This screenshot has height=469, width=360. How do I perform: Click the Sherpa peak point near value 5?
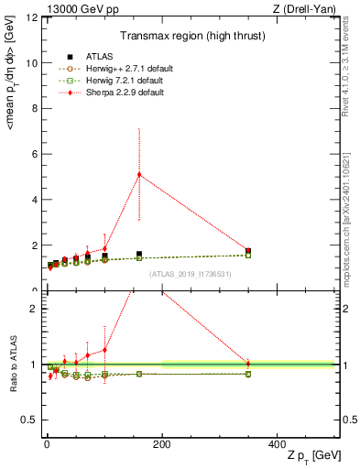click(x=139, y=174)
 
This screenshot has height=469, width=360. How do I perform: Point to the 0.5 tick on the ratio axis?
click(x=28, y=420)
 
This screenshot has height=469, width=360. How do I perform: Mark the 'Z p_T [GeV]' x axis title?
click(x=313, y=456)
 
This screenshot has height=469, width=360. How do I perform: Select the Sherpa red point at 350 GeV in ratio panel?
click(x=248, y=364)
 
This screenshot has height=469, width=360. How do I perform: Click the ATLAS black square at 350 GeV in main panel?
click(x=248, y=250)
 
